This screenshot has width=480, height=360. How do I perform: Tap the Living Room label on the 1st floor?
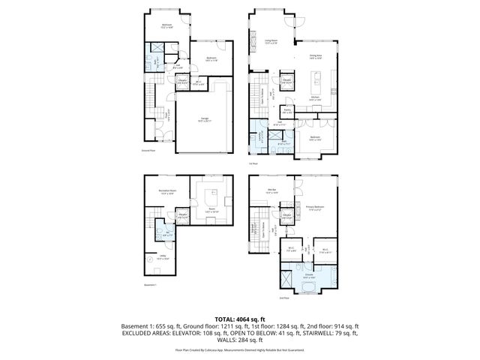pyautogui.click(x=271, y=42)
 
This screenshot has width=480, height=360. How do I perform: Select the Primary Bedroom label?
pyautogui.click(x=315, y=207)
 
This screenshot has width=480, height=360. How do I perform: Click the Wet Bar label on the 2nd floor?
pyautogui.click(x=271, y=190)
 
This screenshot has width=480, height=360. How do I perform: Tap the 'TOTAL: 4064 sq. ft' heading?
pyautogui.click(x=240, y=319)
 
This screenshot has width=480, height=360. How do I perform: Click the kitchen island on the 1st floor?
pyautogui.click(x=316, y=79)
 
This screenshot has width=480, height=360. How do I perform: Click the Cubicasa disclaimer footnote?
pyautogui.click(x=240, y=350)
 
